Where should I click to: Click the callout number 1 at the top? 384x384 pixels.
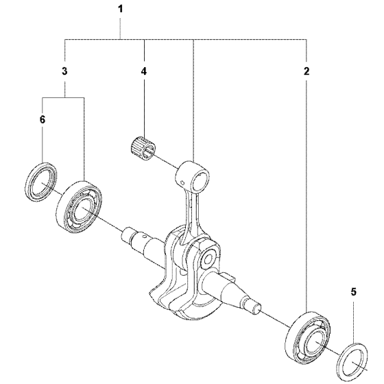click(120, 10)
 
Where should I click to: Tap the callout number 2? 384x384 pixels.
click(307, 71)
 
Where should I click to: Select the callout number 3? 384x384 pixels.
click(64, 71)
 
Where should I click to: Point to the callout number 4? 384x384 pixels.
click(144, 71)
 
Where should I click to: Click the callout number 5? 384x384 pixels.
click(353, 291)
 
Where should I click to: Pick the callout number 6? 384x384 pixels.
click(43, 120)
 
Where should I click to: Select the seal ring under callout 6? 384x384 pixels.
click(41, 182)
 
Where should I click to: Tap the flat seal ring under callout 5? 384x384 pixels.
click(352, 363)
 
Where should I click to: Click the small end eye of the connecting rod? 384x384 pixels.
click(193, 176)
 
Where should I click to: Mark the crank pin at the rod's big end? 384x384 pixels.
click(208, 258)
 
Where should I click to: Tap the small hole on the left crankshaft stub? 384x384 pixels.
click(144, 236)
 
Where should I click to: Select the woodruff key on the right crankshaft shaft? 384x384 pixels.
click(230, 278)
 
